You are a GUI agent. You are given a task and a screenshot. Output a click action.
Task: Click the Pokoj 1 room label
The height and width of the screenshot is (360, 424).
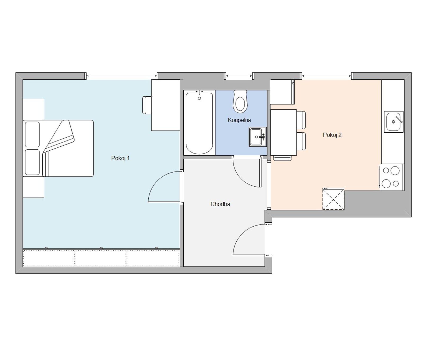coord(120,158)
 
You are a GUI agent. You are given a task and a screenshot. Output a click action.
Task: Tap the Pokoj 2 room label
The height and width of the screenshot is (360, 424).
coord(332,135)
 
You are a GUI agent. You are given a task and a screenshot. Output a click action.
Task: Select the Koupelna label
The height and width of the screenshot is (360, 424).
coord(239,120)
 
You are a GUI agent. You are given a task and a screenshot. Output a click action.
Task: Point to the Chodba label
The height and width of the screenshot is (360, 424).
coord(220,204)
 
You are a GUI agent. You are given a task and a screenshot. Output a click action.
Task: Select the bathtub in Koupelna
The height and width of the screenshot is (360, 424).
coord(199,123)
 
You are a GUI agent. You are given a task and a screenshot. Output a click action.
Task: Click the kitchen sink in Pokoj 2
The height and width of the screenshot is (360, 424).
coord(394,122)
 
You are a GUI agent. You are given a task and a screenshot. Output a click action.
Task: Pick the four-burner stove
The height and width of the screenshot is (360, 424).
coord(391,177)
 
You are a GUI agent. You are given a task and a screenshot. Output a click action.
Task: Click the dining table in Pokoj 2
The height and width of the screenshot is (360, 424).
coord(283,132)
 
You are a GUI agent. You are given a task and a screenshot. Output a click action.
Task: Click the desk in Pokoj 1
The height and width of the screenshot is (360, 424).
coord(166,105)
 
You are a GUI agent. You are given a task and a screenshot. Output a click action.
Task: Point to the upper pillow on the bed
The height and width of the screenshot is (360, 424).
coord(32,134)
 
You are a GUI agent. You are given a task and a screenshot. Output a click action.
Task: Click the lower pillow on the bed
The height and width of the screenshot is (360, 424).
coord(32,162)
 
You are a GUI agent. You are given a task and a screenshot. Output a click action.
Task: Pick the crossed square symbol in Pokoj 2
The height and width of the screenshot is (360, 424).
coord(333,199)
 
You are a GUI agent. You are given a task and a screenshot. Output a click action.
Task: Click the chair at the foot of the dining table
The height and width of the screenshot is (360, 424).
coord(282,158)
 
